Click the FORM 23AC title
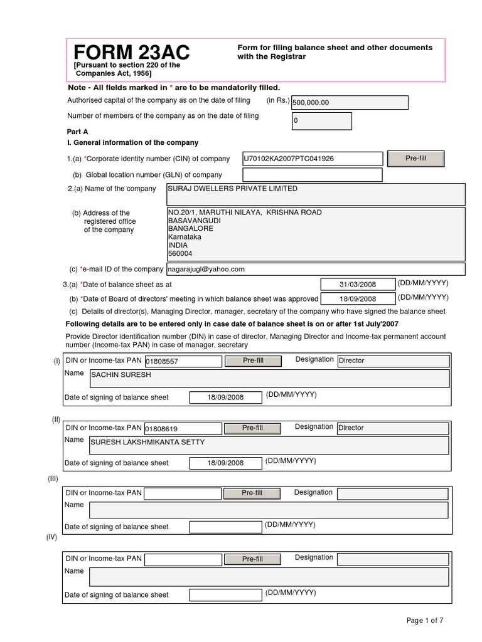click(132, 52)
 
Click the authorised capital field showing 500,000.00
click(349, 103)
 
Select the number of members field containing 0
click(321, 121)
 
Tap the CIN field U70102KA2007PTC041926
click(313, 159)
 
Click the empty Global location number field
click(313, 175)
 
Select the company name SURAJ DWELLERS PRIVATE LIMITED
click(316, 194)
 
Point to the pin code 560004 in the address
click(181, 254)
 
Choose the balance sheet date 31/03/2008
click(358, 285)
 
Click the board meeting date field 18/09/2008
click(358, 300)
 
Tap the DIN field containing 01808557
click(183, 362)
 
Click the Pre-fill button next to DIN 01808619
click(252, 428)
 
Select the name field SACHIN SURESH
click(269, 378)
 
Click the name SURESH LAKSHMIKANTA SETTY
click(269, 445)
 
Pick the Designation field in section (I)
click(393, 361)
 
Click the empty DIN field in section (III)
click(183, 493)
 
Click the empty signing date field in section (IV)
click(226, 594)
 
